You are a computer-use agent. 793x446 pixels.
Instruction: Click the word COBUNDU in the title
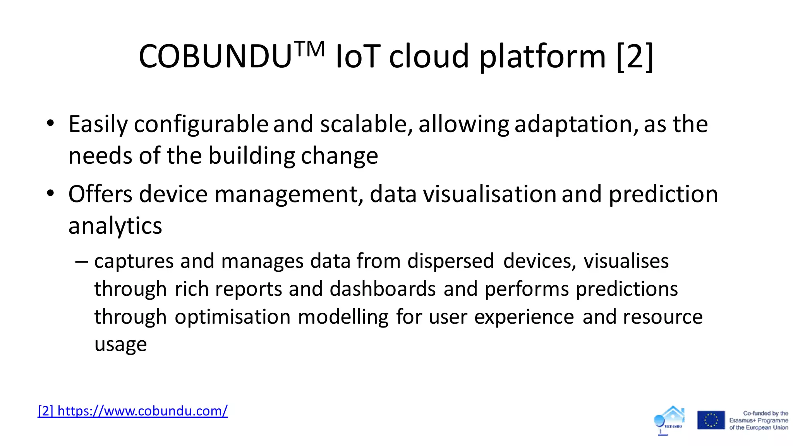click(x=215, y=57)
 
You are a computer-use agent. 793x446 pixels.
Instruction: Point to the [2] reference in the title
click(x=635, y=57)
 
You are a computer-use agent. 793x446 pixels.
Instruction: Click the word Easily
click(x=98, y=125)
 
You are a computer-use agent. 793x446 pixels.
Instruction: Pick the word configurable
click(x=201, y=125)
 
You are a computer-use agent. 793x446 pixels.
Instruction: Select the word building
click(x=252, y=156)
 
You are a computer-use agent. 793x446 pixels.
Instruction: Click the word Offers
click(x=100, y=194)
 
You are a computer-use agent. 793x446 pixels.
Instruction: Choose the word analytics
click(x=115, y=226)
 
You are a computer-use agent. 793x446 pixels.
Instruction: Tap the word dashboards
click(x=383, y=289)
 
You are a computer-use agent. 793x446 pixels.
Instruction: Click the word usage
click(x=120, y=345)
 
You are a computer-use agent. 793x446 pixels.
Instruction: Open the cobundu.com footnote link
click(x=133, y=411)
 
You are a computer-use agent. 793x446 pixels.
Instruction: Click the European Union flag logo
click(x=711, y=420)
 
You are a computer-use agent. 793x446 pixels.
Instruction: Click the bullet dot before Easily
click(x=50, y=124)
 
